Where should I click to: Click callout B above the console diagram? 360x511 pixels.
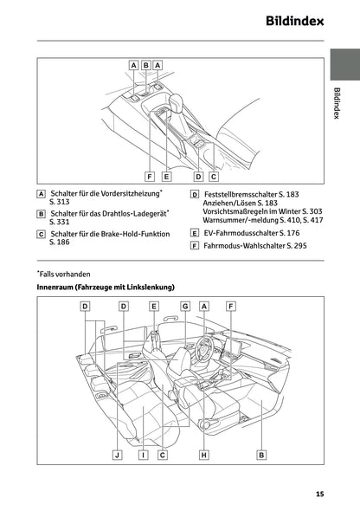click(145, 65)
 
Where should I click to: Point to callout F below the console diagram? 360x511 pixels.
click(150, 176)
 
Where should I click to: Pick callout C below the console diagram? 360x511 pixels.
click(212, 176)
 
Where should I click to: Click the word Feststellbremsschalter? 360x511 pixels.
click(237, 195)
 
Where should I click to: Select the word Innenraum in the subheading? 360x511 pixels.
click(55, 287)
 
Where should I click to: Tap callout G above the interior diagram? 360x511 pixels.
click(185, 307)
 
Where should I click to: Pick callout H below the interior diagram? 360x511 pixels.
click(203, 454)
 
